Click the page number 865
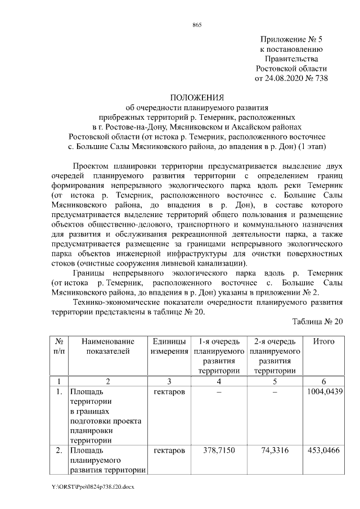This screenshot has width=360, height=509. [196, 25]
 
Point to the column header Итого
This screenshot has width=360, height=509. [323, 341]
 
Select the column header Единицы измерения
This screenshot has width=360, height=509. [169, 346]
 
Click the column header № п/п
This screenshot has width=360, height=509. [58, 346]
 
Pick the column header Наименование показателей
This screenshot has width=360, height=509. [108, 346]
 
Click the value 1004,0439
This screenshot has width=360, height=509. [323, 391]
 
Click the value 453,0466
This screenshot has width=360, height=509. [323, 451]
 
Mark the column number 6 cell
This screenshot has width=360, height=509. [323, 381]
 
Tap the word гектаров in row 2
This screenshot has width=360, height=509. [169, 451]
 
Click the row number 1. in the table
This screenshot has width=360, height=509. [58, 391]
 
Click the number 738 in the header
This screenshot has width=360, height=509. [319, 78]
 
